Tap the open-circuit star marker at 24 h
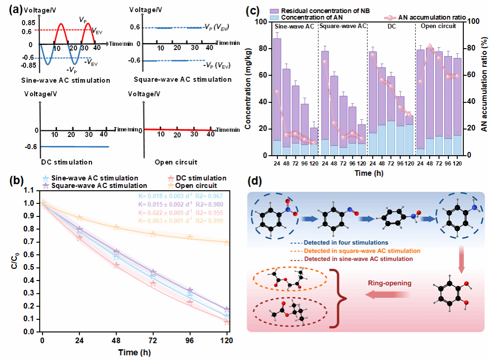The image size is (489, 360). point(80,218)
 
